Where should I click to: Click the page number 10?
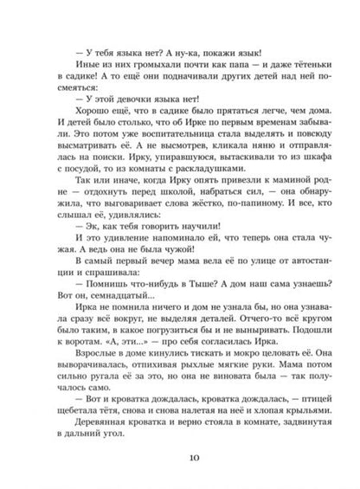[x=181, y=459]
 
